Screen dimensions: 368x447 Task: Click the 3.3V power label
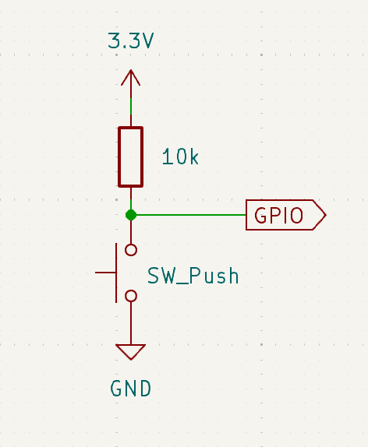click(x=131, y=40)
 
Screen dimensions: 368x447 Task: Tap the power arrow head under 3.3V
click(x=131, y=77)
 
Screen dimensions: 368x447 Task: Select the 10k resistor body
click(x=131, y=157)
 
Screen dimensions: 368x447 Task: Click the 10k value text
click(x=180, y=157)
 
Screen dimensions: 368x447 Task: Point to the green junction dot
click(x=131, y=215)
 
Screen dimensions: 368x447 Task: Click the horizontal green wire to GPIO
click(x=191, y=215)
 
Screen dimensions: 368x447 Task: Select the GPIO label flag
click(x=286, y=215)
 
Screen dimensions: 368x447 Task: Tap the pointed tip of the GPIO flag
click(x=325, y=215)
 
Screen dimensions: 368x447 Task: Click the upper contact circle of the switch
click(x=131, y=250)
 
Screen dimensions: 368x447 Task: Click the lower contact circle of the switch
click(x=131, y=296)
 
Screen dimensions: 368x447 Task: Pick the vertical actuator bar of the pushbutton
click(x=116, y=273)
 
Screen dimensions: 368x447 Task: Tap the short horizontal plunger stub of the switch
click(x=105, y=273)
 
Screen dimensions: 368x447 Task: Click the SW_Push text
click(x=193, y=276)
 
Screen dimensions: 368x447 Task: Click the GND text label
click(x=130, y=389)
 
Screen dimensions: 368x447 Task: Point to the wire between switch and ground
click(x=131, y=323)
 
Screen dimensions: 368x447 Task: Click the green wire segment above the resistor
click(x=131, y=107)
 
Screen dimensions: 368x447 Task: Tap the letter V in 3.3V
click(x=147, y=40)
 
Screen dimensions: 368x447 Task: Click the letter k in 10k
click(x=194, y=157)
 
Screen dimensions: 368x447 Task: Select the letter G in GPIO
click(x=260, y=215)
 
